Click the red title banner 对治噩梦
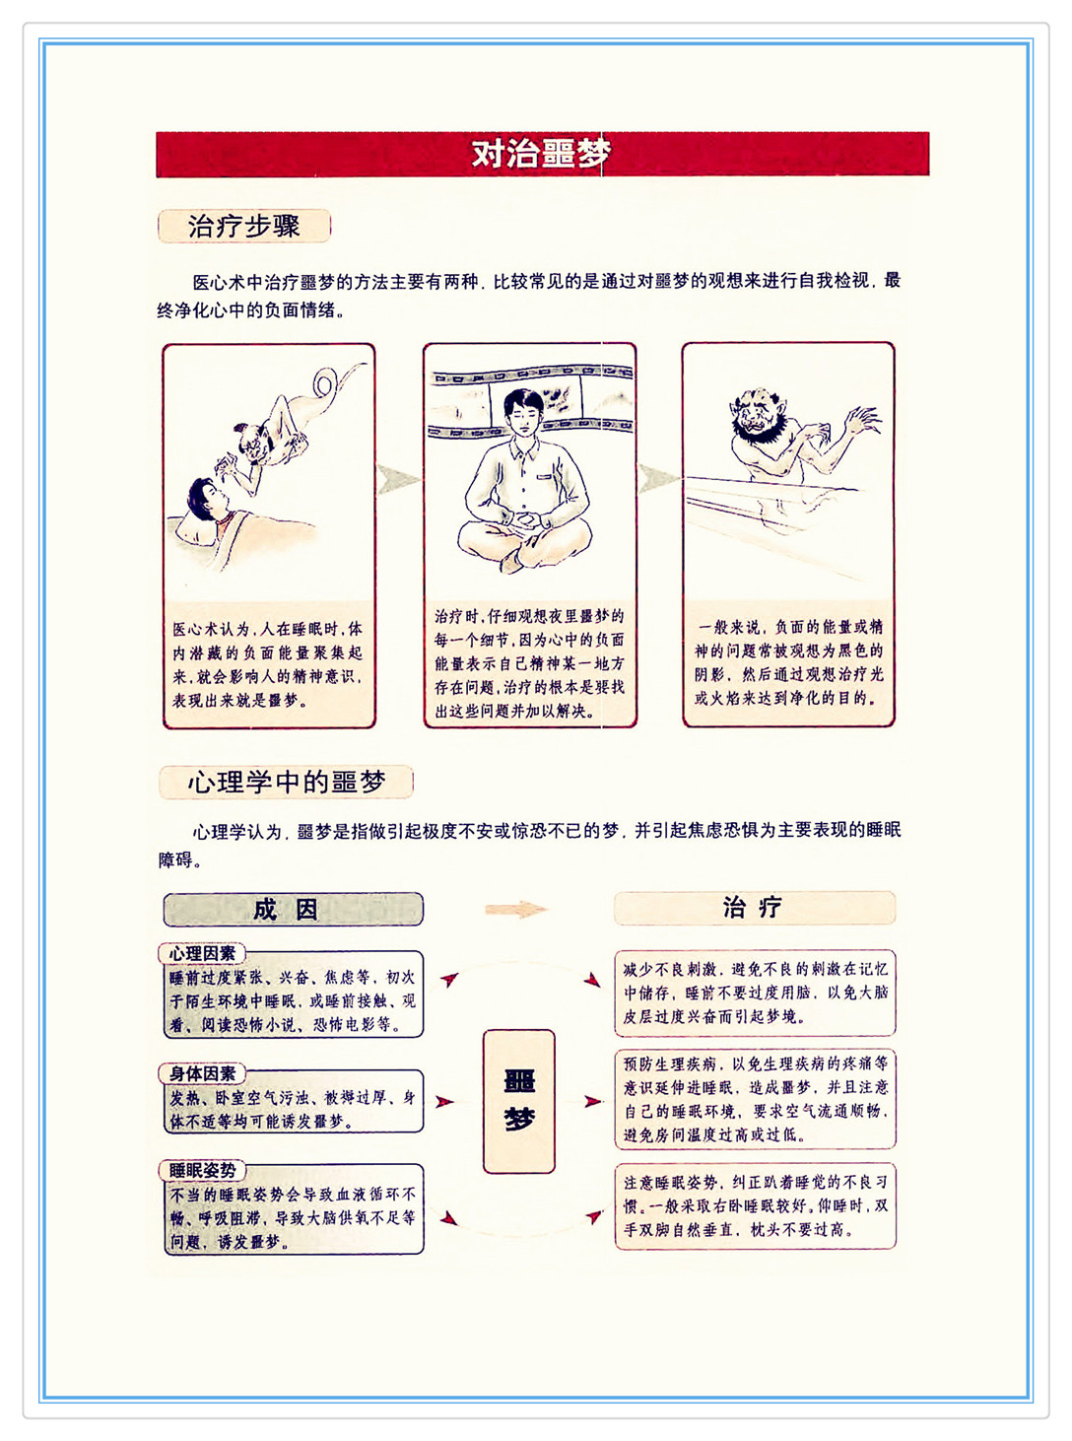[x=543, y=154]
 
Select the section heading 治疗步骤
[x=244, y=226]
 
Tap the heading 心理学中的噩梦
[x=286, y=782]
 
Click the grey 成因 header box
[x=293, y=909]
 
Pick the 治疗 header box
[x=755, y=908]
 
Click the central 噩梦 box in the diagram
[x=519, y=1101]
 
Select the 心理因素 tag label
[x=202, y=954]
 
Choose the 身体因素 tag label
[x=202, y=1073]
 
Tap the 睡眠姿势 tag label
[x=202, y=1170]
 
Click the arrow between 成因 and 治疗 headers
[x=516, y=909]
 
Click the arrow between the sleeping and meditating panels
[x=398, y=479]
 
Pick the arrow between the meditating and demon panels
[x=657, y=479]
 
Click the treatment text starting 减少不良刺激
[x=755, y=993]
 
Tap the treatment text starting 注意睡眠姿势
[x=755, y=1205]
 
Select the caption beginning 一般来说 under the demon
[x=789, y=662]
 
